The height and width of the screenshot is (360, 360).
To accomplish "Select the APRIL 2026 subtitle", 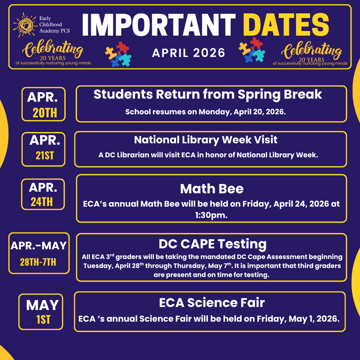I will tap(189, 53).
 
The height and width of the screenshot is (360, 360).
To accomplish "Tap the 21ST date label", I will tap(45, 156).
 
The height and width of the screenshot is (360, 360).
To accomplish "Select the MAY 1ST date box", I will tap(42, 311).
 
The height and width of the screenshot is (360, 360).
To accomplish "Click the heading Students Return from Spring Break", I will tap(208, 94).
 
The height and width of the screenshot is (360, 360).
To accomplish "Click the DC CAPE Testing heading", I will tap(212, 244).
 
